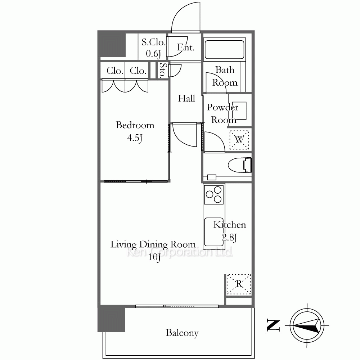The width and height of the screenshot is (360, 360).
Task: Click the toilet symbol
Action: (x=240, y=165)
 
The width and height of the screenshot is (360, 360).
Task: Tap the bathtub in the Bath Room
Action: (x=224, y=50)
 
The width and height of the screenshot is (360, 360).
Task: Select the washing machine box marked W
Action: (x=239, y=140)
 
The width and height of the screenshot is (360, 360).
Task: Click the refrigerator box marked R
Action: (x=239, y=284)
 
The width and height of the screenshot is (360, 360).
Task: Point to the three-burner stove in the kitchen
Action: (x=214, y=194)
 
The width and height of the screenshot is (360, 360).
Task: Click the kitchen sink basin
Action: (x=214, y=232)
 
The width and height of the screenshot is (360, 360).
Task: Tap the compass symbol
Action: (x=307, y=325)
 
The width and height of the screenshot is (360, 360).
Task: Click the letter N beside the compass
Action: (x=274, y=325)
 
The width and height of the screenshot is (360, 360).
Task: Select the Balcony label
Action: (x=182, y=333)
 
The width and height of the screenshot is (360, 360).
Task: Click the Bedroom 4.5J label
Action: (x=135, y=131)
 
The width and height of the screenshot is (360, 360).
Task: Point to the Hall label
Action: (x=186, y=99)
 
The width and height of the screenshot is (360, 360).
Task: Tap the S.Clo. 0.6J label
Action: (x=153, y=48)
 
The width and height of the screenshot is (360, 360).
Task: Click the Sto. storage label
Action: (x=163, y=70)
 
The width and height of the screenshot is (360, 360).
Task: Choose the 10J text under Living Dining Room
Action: (x=154, y=257)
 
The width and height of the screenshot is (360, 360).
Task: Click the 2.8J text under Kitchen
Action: (x=229, y=237)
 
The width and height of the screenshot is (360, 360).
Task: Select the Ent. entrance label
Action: (x=186, y=47)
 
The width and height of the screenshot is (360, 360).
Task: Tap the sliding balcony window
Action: (x=177, y=306)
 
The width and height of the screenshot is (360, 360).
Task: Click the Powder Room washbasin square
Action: (x=239, y=111)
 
